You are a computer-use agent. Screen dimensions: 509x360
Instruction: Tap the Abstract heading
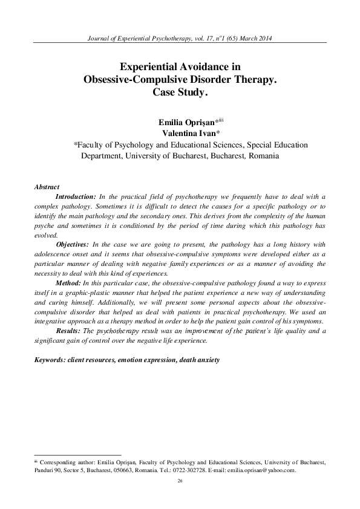click(x=47, y=187)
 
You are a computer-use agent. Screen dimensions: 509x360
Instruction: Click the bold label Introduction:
click(x=76, y=197)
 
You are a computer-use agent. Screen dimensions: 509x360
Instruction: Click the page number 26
click(x=180, y=480)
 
